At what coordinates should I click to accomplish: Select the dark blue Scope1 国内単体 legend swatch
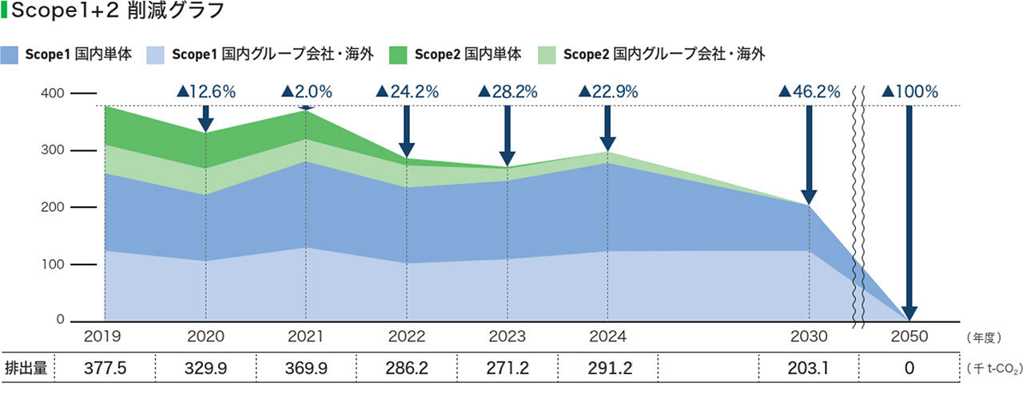click(x=11, y=54)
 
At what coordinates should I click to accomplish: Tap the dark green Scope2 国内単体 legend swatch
click(x=399, y=54)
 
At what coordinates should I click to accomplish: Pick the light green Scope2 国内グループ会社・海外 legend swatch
click(x=547, y=54)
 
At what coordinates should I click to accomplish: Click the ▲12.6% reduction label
click(x=206, y=92)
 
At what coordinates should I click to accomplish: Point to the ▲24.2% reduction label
click(x=407, y=92)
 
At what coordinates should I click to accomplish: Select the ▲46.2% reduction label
click(x=809, y=92)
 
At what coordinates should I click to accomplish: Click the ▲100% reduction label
click(x=909, y=92)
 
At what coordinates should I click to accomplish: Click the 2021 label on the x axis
click(x=306, y=337)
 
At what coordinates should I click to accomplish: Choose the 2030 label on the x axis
click(x=809, y=337)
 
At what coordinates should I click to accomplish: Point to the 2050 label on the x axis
click(x=909, y=337)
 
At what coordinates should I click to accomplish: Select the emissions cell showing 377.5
click(x=105, y=369)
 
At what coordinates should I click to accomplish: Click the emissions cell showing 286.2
click(x=407, y=369)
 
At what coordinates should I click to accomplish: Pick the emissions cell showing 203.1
click(x=809, y=369)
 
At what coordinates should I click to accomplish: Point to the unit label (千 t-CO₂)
click(x=991, y=369)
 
